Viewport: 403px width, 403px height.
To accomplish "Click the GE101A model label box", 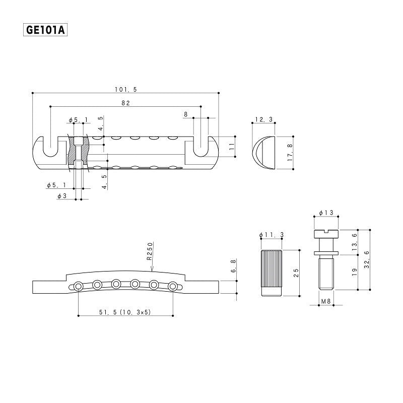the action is point(45,30).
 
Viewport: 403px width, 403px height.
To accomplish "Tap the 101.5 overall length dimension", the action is point(126,90).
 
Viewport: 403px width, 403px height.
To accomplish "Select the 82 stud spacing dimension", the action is point(125,103).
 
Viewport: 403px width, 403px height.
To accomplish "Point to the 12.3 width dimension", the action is point(263,119).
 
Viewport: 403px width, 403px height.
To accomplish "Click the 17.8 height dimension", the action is point(290,153).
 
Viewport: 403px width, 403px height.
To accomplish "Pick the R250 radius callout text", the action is point(150,251).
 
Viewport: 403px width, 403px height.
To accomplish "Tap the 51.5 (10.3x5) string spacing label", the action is point(125,312).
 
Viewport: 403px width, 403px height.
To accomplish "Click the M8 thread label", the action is point(326,301).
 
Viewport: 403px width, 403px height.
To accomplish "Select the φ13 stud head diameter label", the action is point(326,213).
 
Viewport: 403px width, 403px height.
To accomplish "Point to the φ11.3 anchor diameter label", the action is point(272,235).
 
